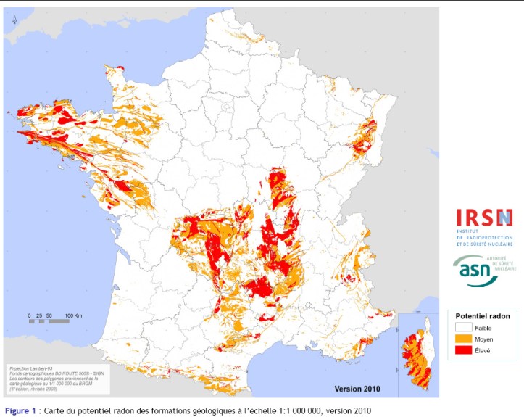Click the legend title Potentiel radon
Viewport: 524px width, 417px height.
pos(483,316)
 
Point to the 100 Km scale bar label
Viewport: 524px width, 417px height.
pos(74,316)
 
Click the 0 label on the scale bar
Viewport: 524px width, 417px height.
pos(30,316)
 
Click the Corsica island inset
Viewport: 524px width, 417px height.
pos(416,352)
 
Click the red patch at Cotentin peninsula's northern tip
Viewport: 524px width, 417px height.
pos(116,68)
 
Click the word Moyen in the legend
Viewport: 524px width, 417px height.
pos(484,339)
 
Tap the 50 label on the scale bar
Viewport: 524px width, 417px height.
pos(49,316)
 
